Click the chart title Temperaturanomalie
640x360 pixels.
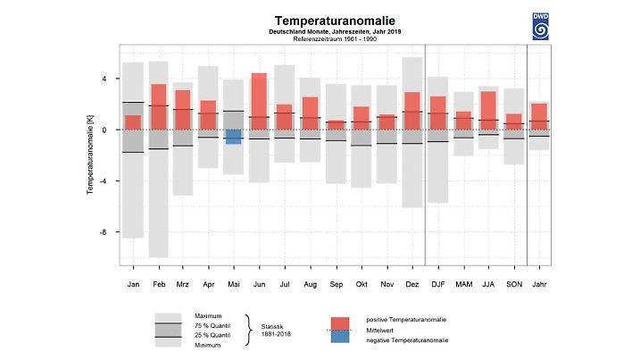coord(322,20)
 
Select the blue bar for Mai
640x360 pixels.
coord(234,137)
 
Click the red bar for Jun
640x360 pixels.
coord(259,101)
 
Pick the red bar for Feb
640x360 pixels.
coord(159,106)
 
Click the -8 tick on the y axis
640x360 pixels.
coord(104,232)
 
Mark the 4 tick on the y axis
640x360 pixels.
coord(104,79)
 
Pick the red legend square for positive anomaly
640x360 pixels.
coord(340,322)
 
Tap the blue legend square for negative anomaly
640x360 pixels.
coord(340,337)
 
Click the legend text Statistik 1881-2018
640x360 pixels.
coord(277,330)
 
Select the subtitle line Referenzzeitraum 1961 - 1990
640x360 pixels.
coord(322,40)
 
